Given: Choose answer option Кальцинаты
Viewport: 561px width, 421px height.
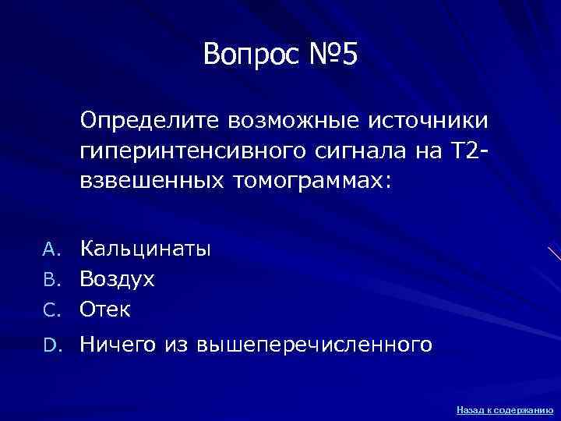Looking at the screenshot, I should pyautogui.click(x=146, y=249).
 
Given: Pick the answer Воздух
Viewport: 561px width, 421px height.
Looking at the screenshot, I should pyautogui.click(x=118, y=279).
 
